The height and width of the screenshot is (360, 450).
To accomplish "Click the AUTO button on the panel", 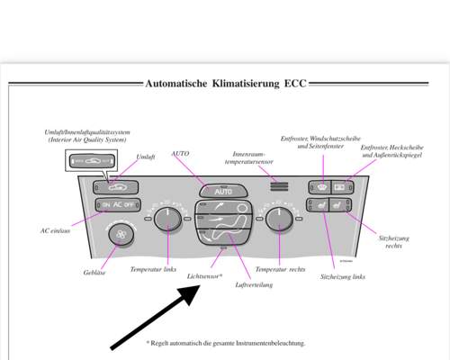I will point(223,191).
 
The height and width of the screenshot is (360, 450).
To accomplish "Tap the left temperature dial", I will point(165,219).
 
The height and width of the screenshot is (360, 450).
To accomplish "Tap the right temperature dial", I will point(279,219).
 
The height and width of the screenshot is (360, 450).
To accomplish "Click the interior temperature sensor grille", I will point(280,187).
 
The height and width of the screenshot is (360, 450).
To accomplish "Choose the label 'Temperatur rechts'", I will point(280,269).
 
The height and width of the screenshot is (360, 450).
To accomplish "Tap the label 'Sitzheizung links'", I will point(343,276).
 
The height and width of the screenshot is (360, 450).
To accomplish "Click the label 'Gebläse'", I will point(94,272).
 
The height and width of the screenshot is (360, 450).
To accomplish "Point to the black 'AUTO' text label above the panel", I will point(180,154).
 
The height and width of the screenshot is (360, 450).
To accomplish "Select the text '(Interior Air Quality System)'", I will point(87,140).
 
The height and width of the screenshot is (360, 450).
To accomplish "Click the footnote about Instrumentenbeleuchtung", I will point(225,343).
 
